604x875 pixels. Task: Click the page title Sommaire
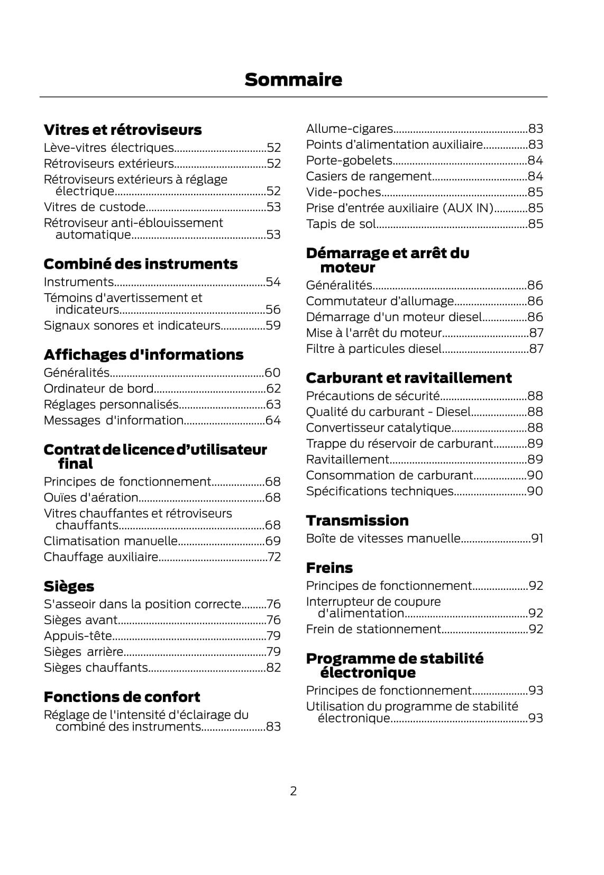click(x=293, y=80)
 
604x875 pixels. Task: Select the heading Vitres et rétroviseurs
click(x=122, y=130)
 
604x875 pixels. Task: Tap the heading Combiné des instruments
click(x=140, y=264)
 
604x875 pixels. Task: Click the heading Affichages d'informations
click(x=143, y=354)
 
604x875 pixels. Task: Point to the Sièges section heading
click(x=69, y=586)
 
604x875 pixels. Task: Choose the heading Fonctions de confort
click(x=122, y=697)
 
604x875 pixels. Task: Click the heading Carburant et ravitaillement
click(x=408, y=378)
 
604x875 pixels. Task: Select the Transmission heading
click(x=357, y=521)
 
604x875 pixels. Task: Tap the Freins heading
click(x=329, y=568)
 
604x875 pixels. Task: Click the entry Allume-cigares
click(x=349, y=129)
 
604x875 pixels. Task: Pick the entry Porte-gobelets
click(x=349, y=160)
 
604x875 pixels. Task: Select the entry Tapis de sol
click(x=341, y=224)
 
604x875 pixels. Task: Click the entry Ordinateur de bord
click(x=98, y=389)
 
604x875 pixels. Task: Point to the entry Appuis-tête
click(x=78, y=636)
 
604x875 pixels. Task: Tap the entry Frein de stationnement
click(x=373, y=629)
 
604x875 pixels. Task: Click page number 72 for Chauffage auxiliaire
click(x=273, y=557)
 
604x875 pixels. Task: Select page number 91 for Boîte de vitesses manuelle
click(x=537, y=539)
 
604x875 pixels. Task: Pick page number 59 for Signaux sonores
click(x=273, y=325)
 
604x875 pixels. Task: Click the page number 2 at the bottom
click(x=294, y=791)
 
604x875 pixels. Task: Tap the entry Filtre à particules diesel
click(x=373, y=349)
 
